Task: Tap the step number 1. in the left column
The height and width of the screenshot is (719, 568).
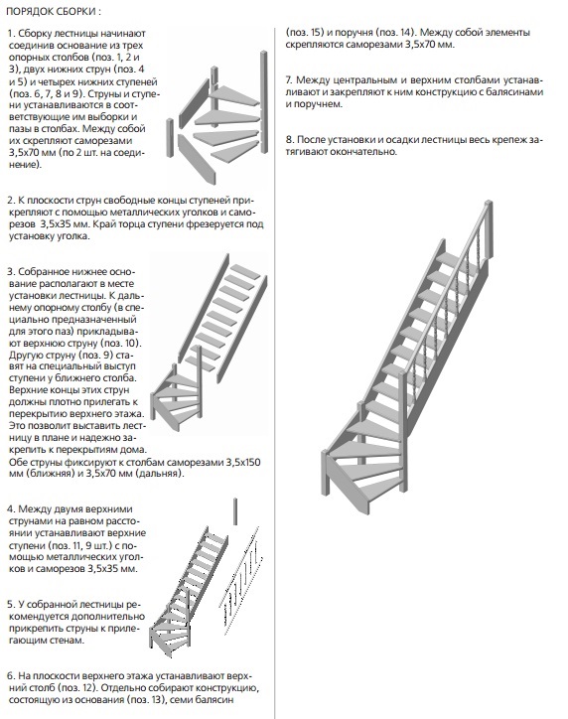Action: (12, 34)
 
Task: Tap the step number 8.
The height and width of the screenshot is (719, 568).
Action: (290, 139)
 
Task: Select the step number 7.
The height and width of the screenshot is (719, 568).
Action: (289, 79)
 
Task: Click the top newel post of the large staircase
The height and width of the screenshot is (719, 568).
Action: (488, 229)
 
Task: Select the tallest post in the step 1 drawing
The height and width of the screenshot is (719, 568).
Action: (264, 102)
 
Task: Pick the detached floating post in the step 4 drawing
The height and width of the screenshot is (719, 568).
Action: (235, 511)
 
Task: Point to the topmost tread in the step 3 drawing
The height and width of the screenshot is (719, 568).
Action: (245, 271)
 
